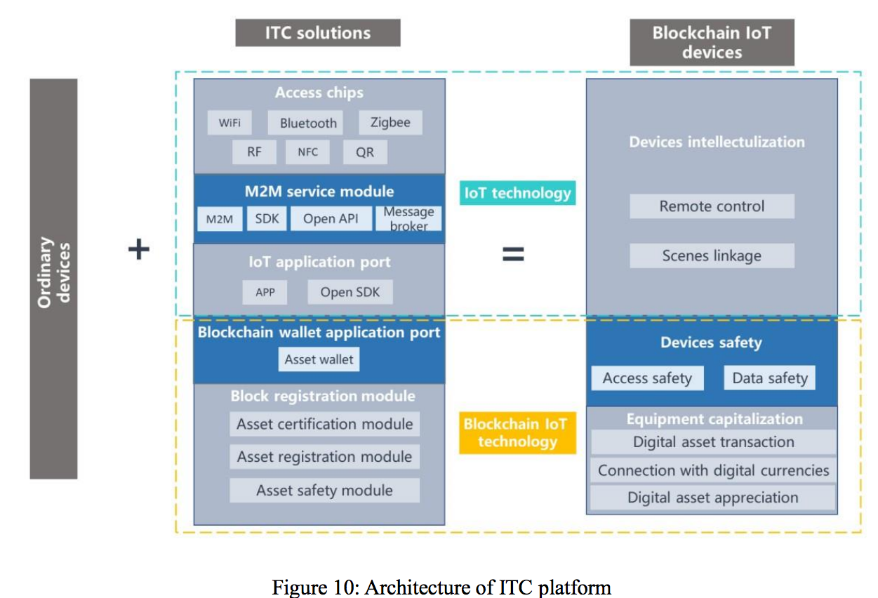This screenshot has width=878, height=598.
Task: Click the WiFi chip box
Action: click(230, 123)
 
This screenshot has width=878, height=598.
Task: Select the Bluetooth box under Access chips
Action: click(308, 123)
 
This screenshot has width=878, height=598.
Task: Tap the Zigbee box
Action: click(390, 122)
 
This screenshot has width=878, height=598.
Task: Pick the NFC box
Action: click(307, 152)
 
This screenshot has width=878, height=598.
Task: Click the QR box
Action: click(365, 152)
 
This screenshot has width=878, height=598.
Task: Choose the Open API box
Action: click(331, 219)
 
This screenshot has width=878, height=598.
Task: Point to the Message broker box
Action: click(409, 219)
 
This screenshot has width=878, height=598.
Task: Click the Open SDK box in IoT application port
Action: click(350, 292)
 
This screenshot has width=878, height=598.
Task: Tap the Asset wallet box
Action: click(319, 359)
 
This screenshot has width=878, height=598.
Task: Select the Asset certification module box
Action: click(324, 424)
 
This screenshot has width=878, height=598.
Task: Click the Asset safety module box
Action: click(324, 490)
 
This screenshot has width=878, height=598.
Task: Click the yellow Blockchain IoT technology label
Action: click(517, 432)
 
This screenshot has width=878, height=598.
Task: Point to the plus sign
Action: click(139, 249)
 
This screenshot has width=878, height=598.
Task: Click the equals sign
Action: click(513, 253)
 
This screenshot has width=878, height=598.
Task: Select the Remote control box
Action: click(712, 206)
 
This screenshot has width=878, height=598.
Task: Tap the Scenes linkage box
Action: click(712, 255)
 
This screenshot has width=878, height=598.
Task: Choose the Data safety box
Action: click(770, 378)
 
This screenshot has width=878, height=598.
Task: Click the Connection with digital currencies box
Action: click(713, 470)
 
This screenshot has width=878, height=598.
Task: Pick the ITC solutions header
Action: click(317, 33)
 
